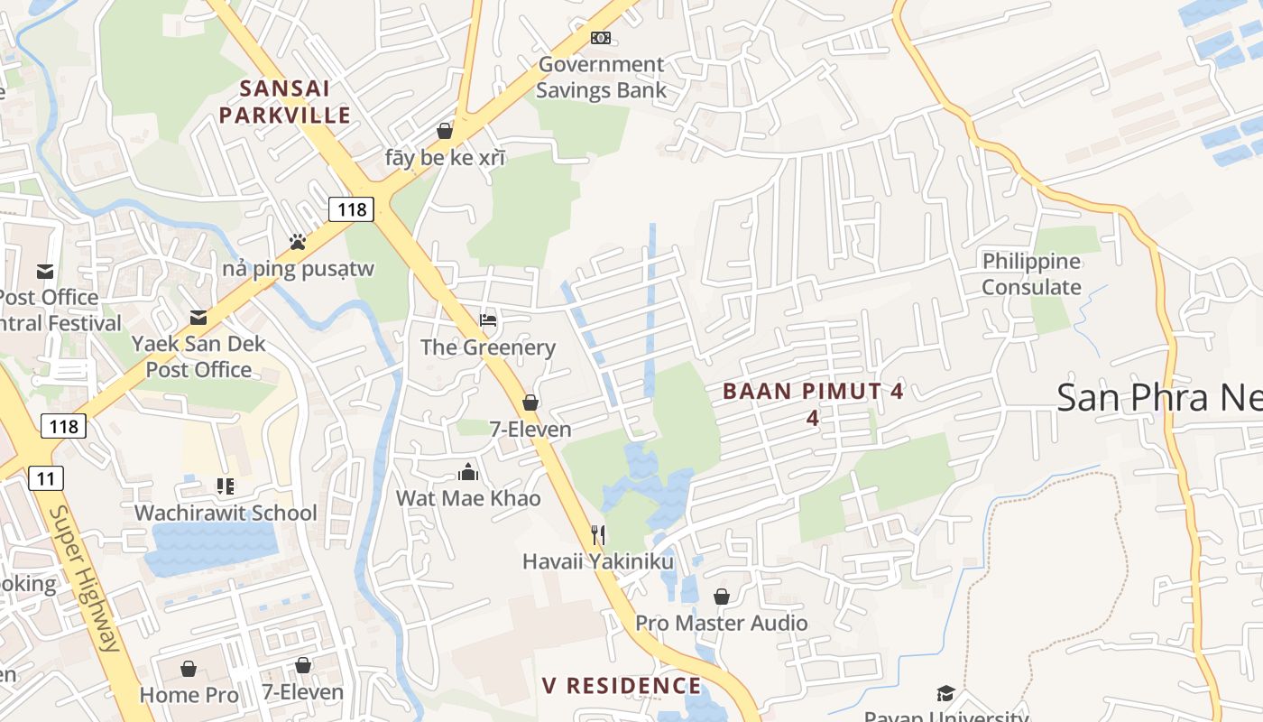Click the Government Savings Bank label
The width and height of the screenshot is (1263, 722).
point(601,77)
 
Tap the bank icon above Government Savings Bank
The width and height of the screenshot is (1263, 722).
point(601,38)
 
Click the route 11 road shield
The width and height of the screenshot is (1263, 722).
point(46,477)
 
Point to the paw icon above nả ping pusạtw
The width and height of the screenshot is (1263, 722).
point(298,242)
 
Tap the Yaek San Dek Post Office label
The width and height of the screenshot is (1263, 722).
point(198,356)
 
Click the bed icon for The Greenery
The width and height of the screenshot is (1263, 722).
point(488,319)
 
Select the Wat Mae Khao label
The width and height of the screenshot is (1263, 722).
point(468,498)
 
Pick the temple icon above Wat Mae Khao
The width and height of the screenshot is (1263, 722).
point(468,472)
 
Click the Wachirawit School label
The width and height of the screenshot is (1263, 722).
point(226,513)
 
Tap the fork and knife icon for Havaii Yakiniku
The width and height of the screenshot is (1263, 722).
point(597,534)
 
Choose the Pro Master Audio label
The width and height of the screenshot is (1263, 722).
point(722,623)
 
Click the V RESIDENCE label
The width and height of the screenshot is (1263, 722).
point(622,686)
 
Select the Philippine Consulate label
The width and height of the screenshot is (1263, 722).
point(1031,274)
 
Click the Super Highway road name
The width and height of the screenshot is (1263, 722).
point(84,578)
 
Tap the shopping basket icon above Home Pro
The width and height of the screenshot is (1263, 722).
point(189,669)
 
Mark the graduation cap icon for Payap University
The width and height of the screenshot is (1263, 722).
point(945,693)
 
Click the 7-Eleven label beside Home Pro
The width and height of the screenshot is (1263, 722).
point(303,692)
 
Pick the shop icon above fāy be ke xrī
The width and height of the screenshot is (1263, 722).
point(445,131)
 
